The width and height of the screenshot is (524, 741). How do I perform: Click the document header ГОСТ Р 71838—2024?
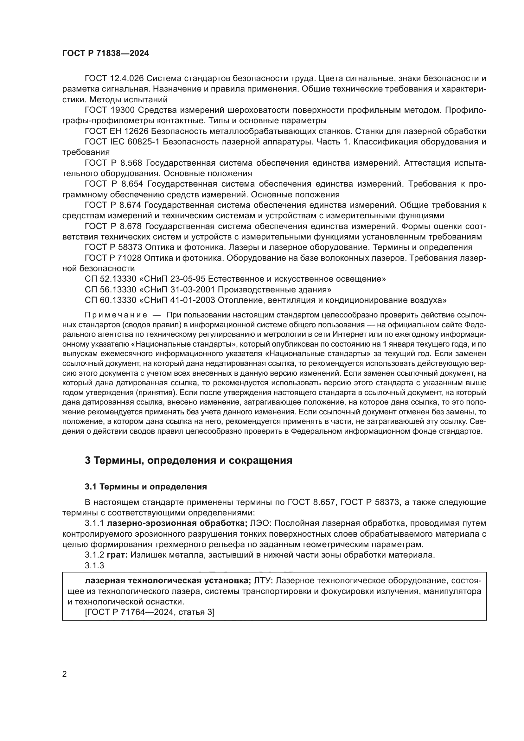tap(105, 54)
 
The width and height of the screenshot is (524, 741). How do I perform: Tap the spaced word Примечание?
tap(116, 315)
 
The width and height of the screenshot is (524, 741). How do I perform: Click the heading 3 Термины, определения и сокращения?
tap(188, 460)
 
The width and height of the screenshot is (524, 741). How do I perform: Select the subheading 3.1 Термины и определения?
tap(145, 487)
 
